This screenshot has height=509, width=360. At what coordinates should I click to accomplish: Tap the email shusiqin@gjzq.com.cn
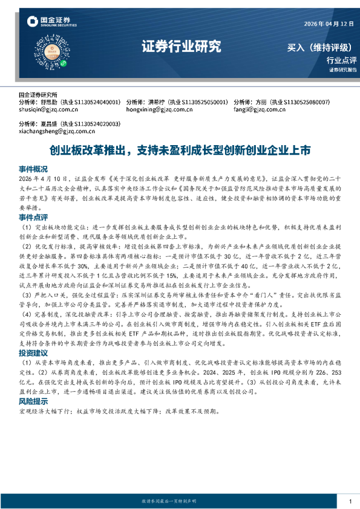coord(48,110)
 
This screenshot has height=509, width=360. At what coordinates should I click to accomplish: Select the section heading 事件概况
coord(33,169)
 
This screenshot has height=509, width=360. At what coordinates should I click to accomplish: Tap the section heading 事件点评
coord(33,215)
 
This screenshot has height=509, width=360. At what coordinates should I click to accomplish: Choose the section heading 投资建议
coord(33,352)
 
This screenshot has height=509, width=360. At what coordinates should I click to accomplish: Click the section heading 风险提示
coord(33,400)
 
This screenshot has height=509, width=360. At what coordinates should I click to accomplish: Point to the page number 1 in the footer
coord(350,501)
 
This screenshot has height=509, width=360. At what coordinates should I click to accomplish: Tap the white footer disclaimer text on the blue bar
coord(180,502)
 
